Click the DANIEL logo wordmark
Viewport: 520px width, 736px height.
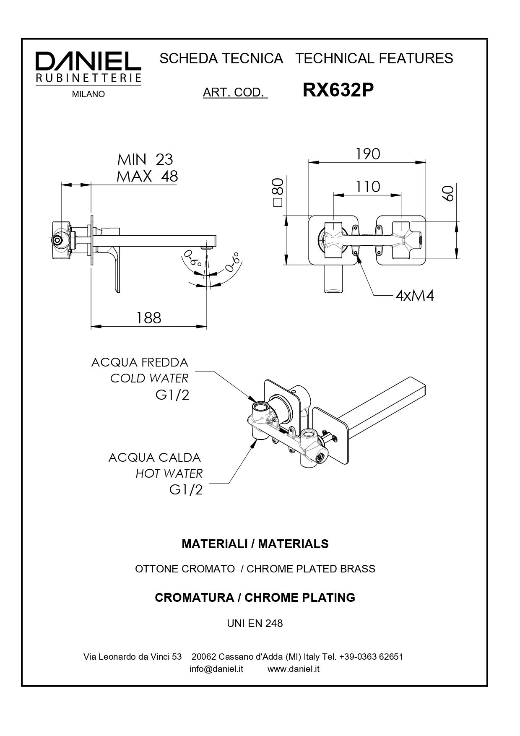point(88,62)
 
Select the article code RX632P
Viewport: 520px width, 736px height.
point(338,90)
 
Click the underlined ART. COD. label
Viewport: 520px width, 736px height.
point(234,92)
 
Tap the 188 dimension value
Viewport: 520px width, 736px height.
point(149,318)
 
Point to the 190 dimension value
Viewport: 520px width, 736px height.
point(368,154)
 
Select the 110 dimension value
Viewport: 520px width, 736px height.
point(368,187)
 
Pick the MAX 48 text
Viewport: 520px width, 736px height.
point(147,176)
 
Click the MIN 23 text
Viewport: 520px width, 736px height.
point(145,159)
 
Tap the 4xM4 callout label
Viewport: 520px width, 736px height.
point(415,296)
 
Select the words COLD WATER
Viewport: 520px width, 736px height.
point(149,378)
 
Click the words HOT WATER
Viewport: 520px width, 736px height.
point(169,473)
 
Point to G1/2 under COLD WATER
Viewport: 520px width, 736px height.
point(172,395)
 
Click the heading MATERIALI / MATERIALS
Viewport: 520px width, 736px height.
point(255,544)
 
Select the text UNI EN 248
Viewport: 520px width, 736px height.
point(255,623)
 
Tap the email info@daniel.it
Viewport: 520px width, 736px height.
point(216,669)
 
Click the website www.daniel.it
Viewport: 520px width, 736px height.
point(294,669)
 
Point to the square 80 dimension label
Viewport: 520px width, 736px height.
point(278,192)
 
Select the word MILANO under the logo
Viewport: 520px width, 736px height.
point(88,94)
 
